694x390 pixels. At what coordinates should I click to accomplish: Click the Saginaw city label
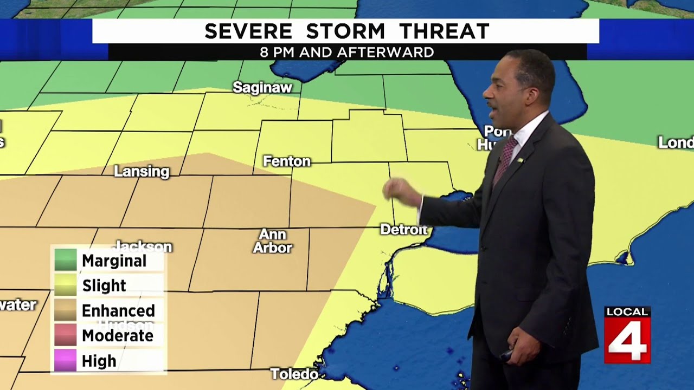coord(262,87)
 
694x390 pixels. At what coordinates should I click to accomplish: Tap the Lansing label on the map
coord(142,172)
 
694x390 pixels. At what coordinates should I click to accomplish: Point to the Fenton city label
coord(287,161)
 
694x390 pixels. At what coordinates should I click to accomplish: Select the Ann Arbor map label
coord(272,242)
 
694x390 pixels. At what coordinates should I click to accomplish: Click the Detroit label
coord(403,230)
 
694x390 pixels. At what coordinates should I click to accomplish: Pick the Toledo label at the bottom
coord(294,374)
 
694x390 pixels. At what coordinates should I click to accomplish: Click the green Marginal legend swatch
coord(66,261)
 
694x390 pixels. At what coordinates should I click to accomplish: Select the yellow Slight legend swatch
coord(66,285)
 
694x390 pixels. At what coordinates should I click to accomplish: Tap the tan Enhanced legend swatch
coord(66,310)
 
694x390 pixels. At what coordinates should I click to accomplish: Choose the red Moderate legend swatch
coord(66,335)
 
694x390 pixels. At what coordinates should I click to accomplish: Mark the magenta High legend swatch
coord(66,361)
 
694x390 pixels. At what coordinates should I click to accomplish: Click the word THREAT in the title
coord(445,32)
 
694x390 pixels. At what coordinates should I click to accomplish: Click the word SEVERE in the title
coord(249,32)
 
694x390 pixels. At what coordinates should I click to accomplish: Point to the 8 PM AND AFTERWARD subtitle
coord(347,53)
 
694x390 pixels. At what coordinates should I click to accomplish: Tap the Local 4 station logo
coord(627,335)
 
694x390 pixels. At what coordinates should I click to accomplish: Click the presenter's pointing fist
coord(399,191)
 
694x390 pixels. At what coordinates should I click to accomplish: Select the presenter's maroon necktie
coord(505,158)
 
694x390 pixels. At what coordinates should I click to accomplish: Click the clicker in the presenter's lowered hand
coord(506,355)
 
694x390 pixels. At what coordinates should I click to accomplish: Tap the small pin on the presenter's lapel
coord(519,161)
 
